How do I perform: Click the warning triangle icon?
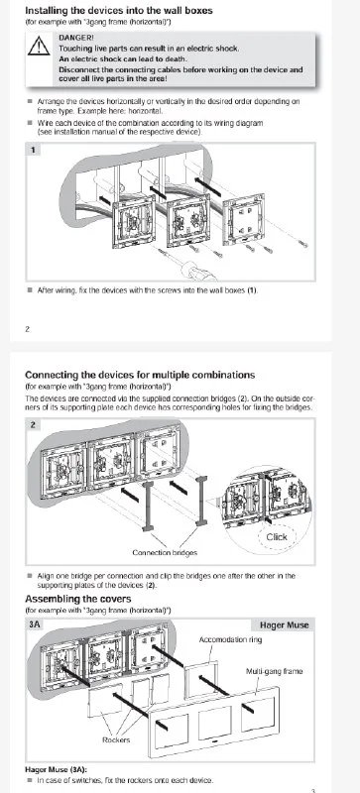click(39, 46)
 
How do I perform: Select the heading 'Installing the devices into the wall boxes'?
click(119, 10)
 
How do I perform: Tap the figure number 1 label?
click(33, 150)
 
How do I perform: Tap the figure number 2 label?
click(33, 425)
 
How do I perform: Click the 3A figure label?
click(35, 624)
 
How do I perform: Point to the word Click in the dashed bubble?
click(277, 537)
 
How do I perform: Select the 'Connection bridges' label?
click(165, 553)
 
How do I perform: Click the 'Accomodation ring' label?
click(230, 639)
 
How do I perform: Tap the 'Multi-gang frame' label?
click(274, 671)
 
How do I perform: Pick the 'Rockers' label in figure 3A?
click(116, 739)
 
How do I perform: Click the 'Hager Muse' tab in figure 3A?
click(284, 625)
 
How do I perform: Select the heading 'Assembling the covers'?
click(78, 599)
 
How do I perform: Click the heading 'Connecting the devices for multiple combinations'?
click(140, 375)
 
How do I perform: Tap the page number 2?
click(28, 329)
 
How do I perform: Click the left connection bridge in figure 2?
click(148, 506)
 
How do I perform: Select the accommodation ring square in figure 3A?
click(201, 678)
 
